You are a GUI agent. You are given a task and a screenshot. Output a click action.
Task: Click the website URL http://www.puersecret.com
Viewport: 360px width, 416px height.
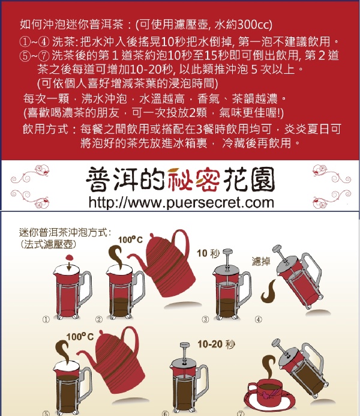(181, 203)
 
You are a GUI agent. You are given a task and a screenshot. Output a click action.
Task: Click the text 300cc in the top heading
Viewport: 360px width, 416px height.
(254, 25)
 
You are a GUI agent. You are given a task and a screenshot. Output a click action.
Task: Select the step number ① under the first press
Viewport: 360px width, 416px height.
(46, 319)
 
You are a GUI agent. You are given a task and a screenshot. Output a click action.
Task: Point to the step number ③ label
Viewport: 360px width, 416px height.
(205, 319)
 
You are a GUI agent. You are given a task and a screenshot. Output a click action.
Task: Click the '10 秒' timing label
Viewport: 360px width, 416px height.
(208, 253)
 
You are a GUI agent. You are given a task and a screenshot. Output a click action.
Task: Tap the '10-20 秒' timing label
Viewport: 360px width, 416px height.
(217, 345)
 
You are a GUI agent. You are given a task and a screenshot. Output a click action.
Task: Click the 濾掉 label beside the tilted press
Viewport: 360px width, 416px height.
(261, 261)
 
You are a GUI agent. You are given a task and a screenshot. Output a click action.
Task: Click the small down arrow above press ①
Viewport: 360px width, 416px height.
(69, 266)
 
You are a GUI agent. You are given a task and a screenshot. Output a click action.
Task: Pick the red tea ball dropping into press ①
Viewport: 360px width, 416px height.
(69, 258)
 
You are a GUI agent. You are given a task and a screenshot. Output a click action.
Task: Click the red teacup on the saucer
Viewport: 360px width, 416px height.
(265, 391)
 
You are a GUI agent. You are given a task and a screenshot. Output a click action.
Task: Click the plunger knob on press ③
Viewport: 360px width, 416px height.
(228, 252)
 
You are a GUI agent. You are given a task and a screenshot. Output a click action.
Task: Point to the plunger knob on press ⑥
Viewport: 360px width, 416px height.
(185, 345)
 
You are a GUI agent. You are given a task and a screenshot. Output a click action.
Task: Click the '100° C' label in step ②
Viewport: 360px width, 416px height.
(130, 240)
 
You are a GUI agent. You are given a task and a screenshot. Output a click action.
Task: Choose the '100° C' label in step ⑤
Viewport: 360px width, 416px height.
(80, 337)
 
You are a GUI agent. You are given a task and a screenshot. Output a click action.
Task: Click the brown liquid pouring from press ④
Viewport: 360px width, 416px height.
(269, 291)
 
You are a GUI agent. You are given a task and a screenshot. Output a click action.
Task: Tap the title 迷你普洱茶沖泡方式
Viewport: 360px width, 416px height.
(65, 232)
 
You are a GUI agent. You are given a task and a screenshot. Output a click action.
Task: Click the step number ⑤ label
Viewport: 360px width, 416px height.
(46, 413)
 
